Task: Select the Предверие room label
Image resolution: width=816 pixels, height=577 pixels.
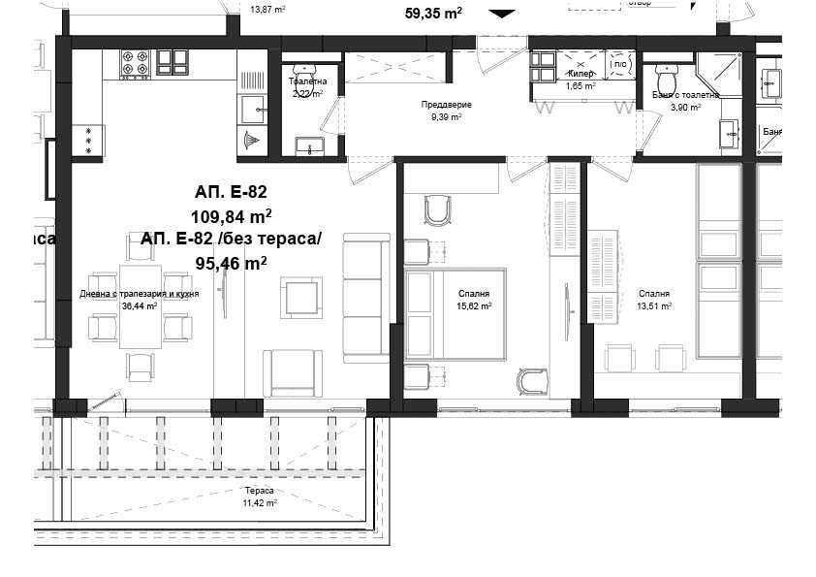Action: click(445, 104)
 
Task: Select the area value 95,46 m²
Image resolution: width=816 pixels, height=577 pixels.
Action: click(231, 262)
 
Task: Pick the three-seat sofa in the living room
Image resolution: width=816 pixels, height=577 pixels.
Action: click(366, 298)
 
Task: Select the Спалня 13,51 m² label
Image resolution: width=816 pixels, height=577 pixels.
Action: click(654, 300)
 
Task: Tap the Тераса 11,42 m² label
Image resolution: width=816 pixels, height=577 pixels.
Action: click(260, 497)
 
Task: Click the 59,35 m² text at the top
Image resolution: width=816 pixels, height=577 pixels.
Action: click(432, 14)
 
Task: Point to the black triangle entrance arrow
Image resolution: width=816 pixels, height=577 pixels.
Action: click(501, 14)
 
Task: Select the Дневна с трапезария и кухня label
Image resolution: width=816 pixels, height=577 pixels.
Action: click(140, 293)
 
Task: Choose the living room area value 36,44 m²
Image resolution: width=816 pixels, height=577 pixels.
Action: click(140, 305)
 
